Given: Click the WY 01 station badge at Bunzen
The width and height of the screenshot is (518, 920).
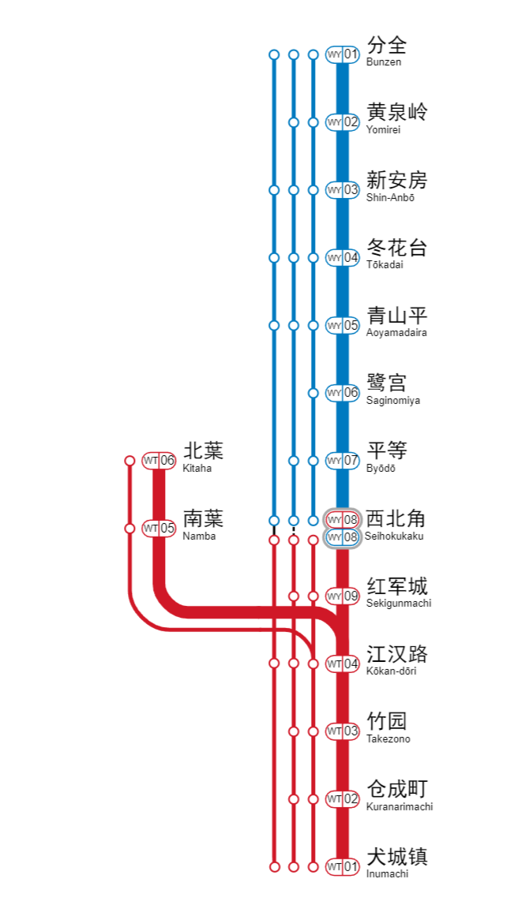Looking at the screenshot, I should pyautogui.click(x=343, y=54).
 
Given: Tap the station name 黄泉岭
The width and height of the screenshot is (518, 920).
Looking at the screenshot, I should pyautogui.click(x=396, y=112).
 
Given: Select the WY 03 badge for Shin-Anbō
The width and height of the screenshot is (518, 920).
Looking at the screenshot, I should pyautogui.click(x=343, y=190).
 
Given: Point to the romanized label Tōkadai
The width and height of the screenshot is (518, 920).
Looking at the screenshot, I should pyautogui.click(x=385, y=265).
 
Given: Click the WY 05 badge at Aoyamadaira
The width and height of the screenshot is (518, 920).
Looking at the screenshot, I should pyautogui.click(x=343, y=325).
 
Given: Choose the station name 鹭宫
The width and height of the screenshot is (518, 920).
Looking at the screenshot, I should pyautogui.click(x=387, y=383).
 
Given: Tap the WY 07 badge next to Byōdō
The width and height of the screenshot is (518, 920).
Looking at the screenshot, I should pyautogui.click(x=343, y=461).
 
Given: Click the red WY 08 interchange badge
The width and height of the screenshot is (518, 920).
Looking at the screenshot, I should pyautogui.click(x=343, y=520).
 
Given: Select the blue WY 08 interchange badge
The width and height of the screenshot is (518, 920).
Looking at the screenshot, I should pyautogui.click(x=343, y=537).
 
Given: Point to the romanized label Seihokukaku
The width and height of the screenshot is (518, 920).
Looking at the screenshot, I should pyautogui.click(x=395, y=537).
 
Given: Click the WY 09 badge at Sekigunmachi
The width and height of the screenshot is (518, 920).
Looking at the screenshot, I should pyautogui.click(x=343, y=596).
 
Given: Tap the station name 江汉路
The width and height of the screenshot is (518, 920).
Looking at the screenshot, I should pyautogui.click(x=396, y=654).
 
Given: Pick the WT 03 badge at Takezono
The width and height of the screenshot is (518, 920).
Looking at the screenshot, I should pyautogui.click(x=343, y=731).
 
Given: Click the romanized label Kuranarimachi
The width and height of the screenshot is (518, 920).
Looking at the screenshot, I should pyautogui.click(x=399, y=807).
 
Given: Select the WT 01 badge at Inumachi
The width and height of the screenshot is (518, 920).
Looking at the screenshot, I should pyautogui.click(x=343, y=867).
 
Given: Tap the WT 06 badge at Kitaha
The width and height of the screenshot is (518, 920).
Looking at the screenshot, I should pyautogui.click(x=159, y=461).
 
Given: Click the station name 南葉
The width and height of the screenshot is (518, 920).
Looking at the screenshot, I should pyautogui.click(x=203, y=518).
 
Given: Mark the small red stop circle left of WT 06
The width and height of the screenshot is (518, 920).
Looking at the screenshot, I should pyautogui.click(x=130, y=461).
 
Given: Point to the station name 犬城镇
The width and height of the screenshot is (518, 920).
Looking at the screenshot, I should pyautogui.click(x=396, y=857).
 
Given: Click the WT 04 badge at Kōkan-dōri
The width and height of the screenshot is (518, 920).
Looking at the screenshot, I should pyautogui.click(x=343, y=664).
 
